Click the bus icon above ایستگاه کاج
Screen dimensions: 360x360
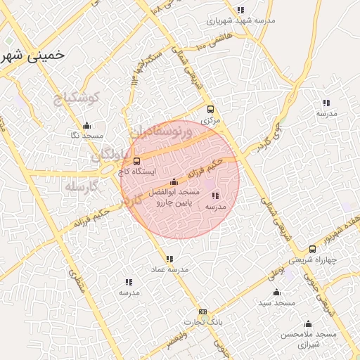click(136, 161)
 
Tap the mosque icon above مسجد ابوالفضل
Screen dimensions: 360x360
click(174, 182)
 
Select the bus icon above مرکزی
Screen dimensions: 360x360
click(210, 109)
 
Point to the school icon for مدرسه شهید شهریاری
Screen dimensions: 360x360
click(241, 10)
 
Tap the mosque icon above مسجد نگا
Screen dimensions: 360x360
click(86, 126)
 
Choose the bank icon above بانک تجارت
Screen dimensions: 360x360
click(203, 311)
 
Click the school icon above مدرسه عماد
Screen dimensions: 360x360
click(169, 259)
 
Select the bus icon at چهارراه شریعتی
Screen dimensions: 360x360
click(312, 249)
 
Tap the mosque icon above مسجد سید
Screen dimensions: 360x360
click(276, 292)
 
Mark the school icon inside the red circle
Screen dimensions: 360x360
click(214, 196)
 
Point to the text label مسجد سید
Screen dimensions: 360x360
click(275, 302)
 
